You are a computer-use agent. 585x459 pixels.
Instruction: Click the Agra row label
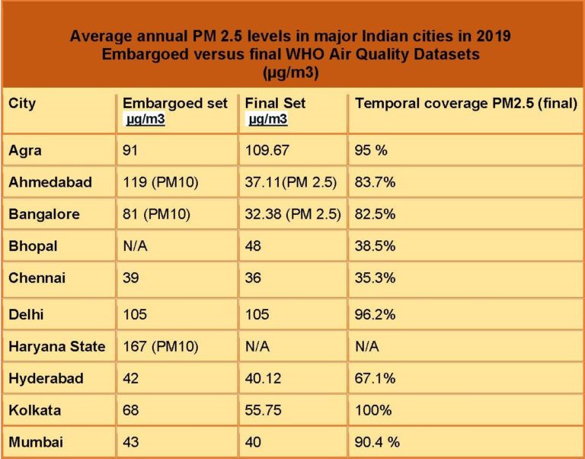26,150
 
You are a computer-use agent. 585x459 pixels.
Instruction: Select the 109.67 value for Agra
267,150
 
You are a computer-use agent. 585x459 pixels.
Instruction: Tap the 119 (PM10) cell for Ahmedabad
161,182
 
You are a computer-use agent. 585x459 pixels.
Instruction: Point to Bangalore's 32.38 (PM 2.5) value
292,214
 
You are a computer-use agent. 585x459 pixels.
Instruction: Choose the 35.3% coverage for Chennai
375,278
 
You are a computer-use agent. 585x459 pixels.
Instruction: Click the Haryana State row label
57,347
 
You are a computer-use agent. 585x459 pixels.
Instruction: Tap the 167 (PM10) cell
161,347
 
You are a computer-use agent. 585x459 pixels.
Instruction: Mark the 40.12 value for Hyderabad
263,379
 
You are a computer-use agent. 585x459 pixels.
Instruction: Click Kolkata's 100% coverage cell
372,410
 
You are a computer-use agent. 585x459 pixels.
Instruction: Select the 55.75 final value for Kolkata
263,410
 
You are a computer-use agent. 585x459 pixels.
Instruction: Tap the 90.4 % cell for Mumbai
377,441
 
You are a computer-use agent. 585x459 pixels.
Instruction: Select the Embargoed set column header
174,103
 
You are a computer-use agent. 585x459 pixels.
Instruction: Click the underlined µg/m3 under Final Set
268,119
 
